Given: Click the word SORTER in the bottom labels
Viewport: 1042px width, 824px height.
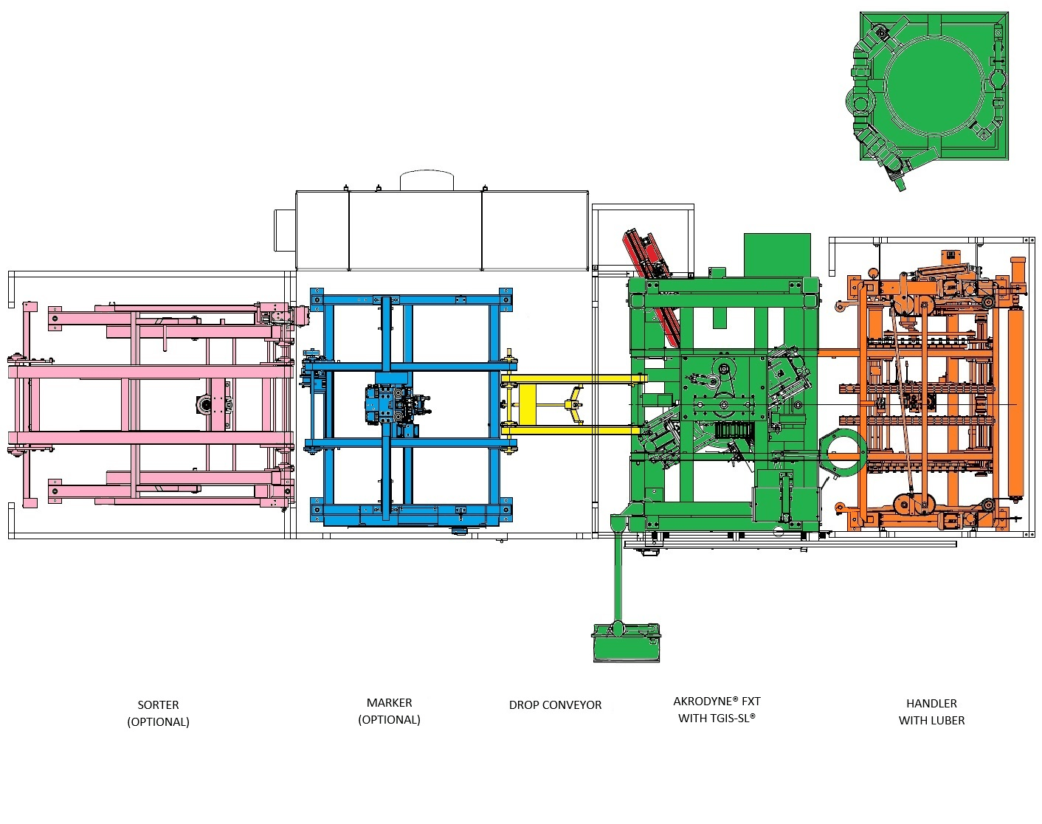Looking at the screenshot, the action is (158, 705).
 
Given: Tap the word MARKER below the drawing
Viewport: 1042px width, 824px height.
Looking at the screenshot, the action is (390, 702).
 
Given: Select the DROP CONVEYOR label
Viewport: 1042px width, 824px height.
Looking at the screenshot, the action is (555, 705).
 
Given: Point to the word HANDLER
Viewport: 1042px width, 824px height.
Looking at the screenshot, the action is (931, 704).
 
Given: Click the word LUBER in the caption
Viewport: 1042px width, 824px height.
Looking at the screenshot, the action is (948, 721).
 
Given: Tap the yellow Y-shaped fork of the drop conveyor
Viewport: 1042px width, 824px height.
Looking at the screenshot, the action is (575, 404).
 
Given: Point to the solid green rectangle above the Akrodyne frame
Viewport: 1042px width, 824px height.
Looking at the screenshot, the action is (777, 255).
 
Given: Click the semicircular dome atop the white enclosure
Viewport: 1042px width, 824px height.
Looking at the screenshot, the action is (427, 180).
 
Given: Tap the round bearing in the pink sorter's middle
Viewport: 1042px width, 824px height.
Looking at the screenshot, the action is (205, 404).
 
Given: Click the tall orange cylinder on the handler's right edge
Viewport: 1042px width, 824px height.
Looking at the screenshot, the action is (1016, 378).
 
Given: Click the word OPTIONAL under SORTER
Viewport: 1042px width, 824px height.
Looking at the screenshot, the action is (158, 722).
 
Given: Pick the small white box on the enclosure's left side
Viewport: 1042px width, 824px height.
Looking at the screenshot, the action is (285, 230).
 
